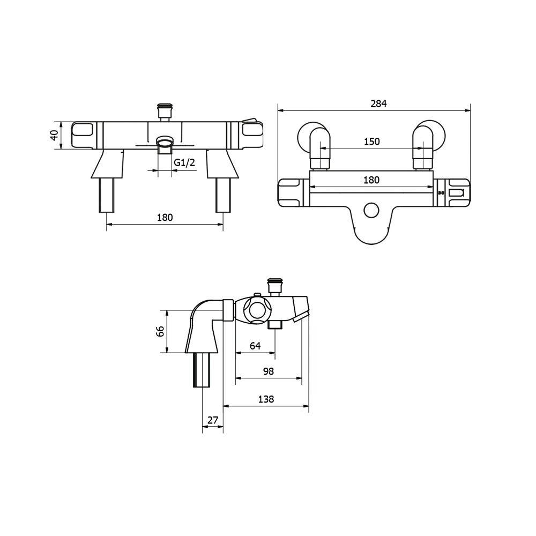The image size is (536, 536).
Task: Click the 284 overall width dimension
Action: coord(378,104)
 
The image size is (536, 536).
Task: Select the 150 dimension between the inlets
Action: coord(371,142)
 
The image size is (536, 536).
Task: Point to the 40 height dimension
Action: coord(54,135)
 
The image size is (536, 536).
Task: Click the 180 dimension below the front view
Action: coord(165,217)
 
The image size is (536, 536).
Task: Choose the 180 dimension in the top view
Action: coord(371,180)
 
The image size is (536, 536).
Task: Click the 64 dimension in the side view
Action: coord(255,346)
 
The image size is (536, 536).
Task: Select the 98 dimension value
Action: coord(269,371)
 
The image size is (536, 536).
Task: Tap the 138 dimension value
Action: coord(266,399)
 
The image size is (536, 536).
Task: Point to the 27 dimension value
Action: coord(212,420)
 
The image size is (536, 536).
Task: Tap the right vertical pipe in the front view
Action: coord(222,196)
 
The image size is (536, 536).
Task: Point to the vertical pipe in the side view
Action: coord(202,370)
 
